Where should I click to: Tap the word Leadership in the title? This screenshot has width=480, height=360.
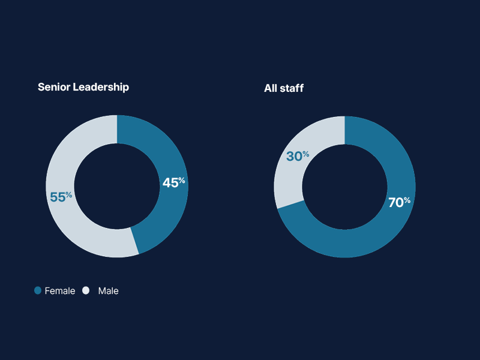click(x=101, y=87)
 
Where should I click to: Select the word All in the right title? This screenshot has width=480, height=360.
click(x=271, y=88)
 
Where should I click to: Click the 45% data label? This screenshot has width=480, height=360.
click(x=173, y=182)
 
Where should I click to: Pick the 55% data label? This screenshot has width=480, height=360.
click(x=61, y=197)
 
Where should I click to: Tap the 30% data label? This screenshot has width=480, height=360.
click(x=298, y=156)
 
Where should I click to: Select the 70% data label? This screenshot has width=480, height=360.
click(x=399, y=202)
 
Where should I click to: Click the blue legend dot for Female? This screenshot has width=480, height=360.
click(x=38, y=290)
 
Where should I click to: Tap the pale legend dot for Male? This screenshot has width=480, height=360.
click(x=86, y=290)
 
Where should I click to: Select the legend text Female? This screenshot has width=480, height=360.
click(x=60, y=291)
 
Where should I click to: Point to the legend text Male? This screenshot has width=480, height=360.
click(x=109, y=291)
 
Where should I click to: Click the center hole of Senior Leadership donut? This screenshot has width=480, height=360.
click(x=117, y=186)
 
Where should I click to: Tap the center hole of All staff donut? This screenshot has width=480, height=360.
click(x=345, y=186)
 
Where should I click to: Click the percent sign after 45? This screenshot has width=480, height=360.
click(x=182, y=180)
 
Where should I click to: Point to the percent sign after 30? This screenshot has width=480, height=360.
click(x=306, y=154)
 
